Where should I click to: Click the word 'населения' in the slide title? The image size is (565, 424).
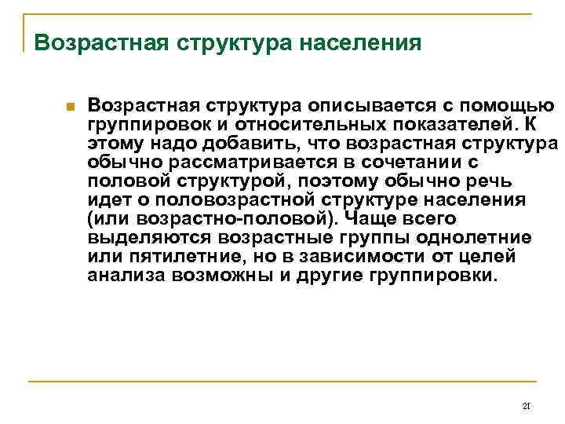tap(360, 42)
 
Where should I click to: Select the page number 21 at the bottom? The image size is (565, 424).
tap(527, 406)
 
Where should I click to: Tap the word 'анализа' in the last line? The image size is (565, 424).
tap(120, 276)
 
